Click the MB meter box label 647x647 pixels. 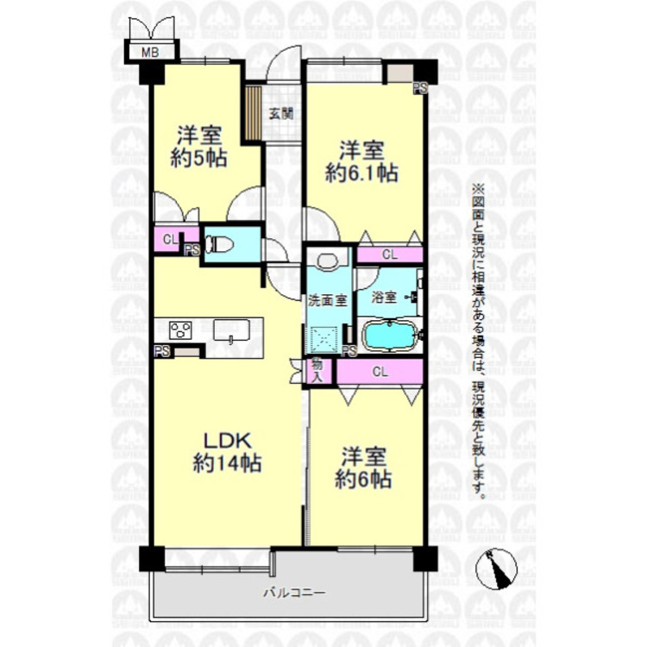[x=150, y=53]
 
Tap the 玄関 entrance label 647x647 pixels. [x=280, y=112]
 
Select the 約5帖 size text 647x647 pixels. [x=200, y=158]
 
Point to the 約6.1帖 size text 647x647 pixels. [x=361, y=172]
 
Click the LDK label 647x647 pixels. [x=222, y=440]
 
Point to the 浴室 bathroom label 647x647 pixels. [x=384, y=298]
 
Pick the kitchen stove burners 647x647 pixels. [x=181, y=330]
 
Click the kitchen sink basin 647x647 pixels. [x=231, y=330]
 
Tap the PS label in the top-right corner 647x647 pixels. [x=419, y=87]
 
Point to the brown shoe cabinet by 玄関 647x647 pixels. [x=254, y=111]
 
